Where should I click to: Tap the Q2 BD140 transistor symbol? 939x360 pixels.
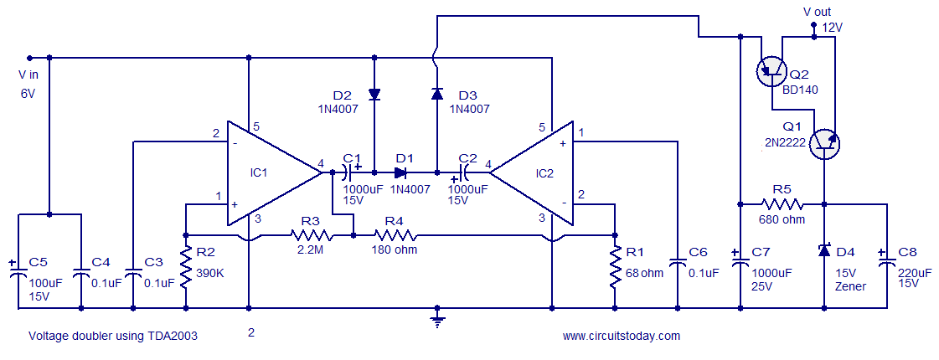(x=771, y=71)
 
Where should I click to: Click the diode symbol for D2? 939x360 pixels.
(x=374, y=94)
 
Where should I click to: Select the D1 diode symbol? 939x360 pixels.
(x=400, y=172)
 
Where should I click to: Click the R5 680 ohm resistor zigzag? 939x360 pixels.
(x=782, y=203)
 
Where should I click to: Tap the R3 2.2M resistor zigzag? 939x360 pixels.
(x=311, y=234)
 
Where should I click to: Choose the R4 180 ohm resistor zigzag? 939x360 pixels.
(x=394, y=234)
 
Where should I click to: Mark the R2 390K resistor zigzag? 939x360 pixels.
(x=186, y=265)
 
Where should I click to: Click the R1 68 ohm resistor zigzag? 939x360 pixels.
(x=615, y=265)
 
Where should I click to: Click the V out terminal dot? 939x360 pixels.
(x=813, y=26)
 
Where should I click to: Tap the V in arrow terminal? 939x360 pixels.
(x=28, y=58)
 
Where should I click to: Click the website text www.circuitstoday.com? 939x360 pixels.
(x=621, y=336)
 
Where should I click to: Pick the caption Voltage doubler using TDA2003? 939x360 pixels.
(x=113, y=336)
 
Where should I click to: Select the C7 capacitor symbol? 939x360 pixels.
(x=740, y=263)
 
